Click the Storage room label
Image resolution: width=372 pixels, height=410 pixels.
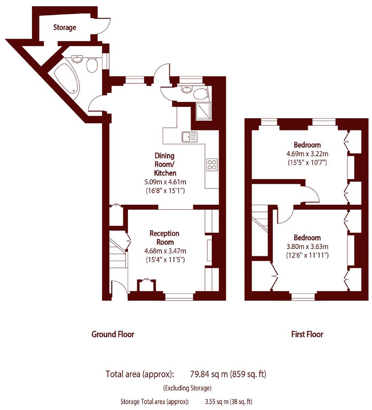[x=65, y=27]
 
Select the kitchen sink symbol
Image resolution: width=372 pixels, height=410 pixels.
[x=190, y=137]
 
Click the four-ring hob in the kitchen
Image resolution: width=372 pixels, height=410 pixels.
[x=212, y=165]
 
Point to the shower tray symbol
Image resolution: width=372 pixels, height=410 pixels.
[x=204, y=111]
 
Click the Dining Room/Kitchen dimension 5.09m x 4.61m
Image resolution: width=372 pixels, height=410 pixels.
[x=165, y=182]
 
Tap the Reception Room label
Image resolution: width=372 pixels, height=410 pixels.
[x=165, y=238]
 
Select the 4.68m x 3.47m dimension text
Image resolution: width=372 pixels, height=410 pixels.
[x=165, y=251]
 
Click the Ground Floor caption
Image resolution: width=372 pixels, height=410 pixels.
[x=113, y=334]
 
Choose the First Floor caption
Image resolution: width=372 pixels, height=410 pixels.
[x=307, y=334]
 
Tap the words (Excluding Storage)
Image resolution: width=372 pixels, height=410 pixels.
[x=187, y=388]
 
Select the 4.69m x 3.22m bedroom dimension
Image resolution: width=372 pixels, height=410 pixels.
[x=307, y=154]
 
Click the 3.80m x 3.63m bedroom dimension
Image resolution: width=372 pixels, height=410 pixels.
[x=307, y=246]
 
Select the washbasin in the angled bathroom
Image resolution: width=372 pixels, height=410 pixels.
[x=77, y=59]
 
